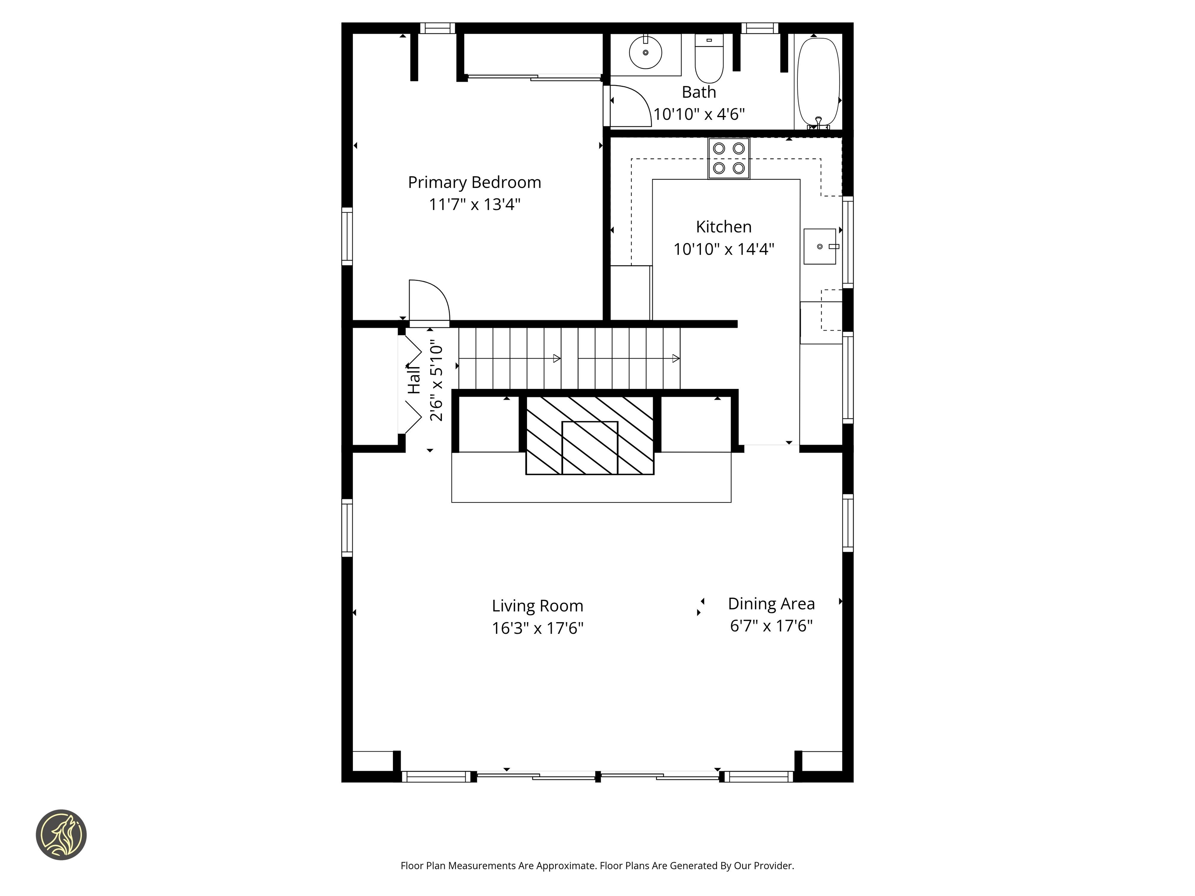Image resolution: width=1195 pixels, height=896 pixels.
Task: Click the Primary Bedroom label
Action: (474, 182)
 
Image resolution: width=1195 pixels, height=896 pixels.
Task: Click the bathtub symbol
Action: (818, 81)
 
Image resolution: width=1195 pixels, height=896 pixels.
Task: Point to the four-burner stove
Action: (729, 158)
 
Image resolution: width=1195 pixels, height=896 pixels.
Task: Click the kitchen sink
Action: (820, 246)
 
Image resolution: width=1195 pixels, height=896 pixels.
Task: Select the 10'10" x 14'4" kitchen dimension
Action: (724, 249)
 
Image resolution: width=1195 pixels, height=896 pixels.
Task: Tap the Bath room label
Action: (699, 92)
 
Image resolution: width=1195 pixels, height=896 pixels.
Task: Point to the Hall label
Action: (414, 379)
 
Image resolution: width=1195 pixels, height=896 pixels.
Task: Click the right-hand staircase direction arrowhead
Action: (675, 359)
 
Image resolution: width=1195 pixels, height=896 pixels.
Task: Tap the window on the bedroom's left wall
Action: (347, 236)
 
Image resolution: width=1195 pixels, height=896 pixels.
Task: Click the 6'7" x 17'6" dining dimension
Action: (771, 626)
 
